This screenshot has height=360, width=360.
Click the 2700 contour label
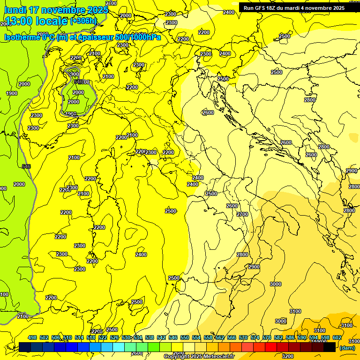click(x=242, y=214)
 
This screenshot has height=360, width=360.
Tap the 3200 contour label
click(x=288, y=356)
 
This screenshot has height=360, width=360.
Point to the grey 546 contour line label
click(x=26, y=166)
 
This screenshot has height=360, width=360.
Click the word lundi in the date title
click(x=15, y=10)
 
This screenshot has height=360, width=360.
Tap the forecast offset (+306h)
click(x=83, y=21)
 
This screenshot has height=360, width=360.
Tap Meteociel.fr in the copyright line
click(x=218, y=357)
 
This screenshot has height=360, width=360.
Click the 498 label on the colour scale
click(x=32, y=338)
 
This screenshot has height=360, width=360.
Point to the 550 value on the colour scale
click(x=185, y=338)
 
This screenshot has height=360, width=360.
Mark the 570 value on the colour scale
click(x=243, y=338)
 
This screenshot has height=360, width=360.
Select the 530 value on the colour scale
click(x=126, y=338)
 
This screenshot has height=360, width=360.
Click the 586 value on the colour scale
click(x=290, y=338)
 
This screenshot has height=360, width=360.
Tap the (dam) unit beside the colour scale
click(x=347, y=347)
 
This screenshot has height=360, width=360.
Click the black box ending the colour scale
click(x=330, y=347)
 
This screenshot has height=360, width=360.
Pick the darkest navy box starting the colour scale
click(x=25, y=347)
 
